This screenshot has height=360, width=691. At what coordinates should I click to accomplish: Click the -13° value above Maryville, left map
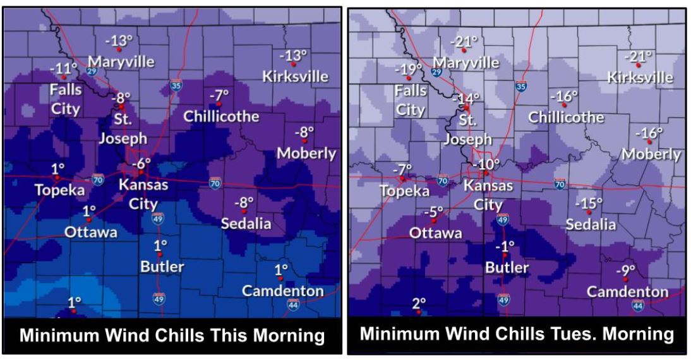(119, 42)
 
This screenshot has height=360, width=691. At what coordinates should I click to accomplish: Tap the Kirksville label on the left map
(296, 76)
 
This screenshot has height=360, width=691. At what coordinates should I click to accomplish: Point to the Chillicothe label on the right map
(566, 117)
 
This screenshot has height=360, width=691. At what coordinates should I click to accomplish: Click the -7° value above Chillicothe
(219, 95)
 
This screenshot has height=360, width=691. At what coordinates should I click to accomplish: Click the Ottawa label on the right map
(436, 233)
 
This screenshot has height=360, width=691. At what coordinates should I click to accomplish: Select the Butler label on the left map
(162, 266)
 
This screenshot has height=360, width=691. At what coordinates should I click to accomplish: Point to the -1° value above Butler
(505, 246)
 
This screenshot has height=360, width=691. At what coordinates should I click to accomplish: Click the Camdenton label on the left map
(283, 291)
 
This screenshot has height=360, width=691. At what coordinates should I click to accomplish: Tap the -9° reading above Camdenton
(625, 271)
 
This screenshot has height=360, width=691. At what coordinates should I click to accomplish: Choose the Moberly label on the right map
(651, 154)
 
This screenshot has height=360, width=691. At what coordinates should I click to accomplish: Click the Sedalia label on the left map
(246, 224)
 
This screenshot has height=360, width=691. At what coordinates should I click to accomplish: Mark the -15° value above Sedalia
(589, 204)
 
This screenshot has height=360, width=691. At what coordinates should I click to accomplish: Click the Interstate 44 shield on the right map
(638, 306)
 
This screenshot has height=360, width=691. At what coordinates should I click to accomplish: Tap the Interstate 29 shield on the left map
(92, 72)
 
